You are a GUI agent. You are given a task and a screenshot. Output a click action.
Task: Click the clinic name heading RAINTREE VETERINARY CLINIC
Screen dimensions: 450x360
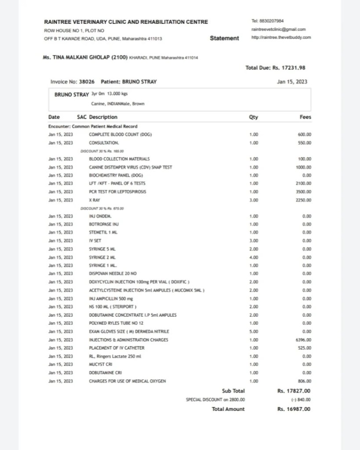pyautogui.click(x=126, y=22)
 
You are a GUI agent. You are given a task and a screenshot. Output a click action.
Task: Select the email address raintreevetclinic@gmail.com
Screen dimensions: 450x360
pyautogui.click(x=278, y=29)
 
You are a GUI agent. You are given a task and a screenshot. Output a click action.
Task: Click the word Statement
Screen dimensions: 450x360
pyautogui.click(x=225, y=38)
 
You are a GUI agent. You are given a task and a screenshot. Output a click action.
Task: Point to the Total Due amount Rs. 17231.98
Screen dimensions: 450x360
pyautogui.click(x=275, y=68)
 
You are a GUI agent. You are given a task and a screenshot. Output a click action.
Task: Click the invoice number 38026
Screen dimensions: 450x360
pyautogui.click(x=87, y=82)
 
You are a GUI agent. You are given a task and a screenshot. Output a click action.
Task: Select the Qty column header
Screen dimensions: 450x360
pyautogui.click(x=254, y=117)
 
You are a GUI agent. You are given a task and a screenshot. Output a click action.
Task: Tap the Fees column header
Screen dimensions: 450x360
pyautogui.click(x=305, y=117)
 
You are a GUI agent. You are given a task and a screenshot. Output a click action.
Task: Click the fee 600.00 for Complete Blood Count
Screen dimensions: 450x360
pyautogui.click(x=305, y=135)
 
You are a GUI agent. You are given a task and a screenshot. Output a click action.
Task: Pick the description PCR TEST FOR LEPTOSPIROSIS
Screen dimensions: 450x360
pyautogui.click(x=118, y=192)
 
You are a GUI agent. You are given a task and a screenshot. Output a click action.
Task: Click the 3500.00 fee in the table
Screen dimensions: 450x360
pyautogui.click(x=304, y=192)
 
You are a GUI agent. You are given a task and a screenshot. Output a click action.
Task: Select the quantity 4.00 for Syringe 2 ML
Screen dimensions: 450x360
pyautogui.click(x=254, y=257)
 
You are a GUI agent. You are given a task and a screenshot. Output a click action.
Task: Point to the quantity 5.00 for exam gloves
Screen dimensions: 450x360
pyautogui.click(x=254, y=332)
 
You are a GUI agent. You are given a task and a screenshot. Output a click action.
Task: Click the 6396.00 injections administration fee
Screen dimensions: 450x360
pyautogui.click(x=304, y=340)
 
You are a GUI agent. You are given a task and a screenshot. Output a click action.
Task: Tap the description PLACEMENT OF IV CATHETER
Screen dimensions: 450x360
pyautogui.click(x=116, y=348)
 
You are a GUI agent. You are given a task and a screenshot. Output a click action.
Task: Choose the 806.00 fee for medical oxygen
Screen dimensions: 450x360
pyautogui.click(x=305, y=381)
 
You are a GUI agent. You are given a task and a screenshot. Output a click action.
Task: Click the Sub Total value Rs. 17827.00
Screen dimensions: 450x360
pyautogui.click(x=294, y=391)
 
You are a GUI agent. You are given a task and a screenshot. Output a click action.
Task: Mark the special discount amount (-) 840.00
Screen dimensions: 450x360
pyautogui.click(x=301, y=400)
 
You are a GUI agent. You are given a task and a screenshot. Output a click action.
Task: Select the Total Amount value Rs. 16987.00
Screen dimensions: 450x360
pyautogui.click(x=294, y=409)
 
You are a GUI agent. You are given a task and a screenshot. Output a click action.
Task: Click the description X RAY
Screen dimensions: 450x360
pyautogui.click(x=95, y=200)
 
